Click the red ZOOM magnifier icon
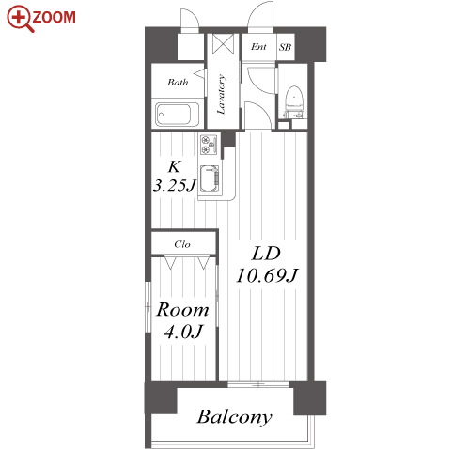coord(20,18)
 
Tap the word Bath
coord(178,83)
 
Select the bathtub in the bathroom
coord(178,114)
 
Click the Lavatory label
coord(222,94)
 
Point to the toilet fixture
coord(294,102)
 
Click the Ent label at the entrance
coord(258,47)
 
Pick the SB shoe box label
coord(285,47)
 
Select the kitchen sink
coord(210,178)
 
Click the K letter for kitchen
coord(174,166)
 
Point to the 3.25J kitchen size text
coord(175,185)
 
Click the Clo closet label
coord(182,244)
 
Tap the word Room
coord(182,310)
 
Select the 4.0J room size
coord(183,332)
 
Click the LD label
coord(266,254)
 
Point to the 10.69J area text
coord(267,275)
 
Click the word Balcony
coord(235,417)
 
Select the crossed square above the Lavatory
coord(223,44)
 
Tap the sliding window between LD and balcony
coord(258,384)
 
